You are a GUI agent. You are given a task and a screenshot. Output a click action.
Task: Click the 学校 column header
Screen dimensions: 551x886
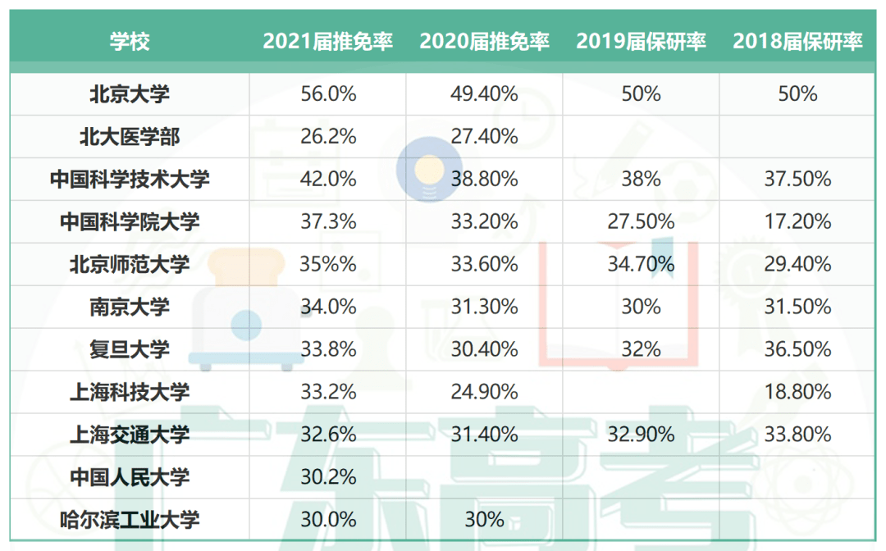(130, 42)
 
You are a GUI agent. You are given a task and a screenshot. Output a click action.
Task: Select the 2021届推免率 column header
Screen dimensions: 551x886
(328, 42)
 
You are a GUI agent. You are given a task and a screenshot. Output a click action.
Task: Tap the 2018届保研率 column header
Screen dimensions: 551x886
(798, 42)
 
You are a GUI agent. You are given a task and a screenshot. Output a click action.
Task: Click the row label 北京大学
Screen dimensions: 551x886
(130, 94)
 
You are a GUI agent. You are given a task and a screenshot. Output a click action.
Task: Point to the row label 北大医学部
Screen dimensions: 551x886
(130, 137)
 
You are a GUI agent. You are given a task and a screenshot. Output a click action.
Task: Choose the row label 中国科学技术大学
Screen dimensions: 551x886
(130, 180)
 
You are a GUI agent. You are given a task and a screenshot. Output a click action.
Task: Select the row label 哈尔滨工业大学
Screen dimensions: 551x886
(130, 520)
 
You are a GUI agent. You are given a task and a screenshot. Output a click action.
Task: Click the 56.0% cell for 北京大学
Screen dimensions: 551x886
(328, 94)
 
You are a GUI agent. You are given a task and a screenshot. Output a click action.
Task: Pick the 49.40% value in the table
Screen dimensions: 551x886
(484, 94)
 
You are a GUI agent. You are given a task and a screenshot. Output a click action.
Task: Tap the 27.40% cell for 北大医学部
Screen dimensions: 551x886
(484, 137)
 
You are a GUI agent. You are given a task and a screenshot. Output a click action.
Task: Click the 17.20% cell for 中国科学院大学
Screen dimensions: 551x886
(798, 221)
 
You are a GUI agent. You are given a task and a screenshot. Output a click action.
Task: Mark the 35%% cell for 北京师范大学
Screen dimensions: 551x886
(328, 264)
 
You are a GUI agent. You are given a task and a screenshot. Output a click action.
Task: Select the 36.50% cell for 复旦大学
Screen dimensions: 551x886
(798, 349)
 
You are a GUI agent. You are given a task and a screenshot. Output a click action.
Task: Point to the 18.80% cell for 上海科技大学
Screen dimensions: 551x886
(798, 392)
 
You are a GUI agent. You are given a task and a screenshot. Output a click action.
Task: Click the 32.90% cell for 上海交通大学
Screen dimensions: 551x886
(642, 435)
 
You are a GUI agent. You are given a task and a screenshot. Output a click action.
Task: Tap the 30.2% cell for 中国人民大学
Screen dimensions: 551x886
(328, 477)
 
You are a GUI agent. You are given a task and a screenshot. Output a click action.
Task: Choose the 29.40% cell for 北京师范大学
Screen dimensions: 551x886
(798, 264)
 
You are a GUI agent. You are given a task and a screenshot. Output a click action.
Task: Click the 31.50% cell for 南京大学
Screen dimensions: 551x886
(798, 307)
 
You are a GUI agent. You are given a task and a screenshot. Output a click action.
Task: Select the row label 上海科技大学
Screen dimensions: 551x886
(130, 392)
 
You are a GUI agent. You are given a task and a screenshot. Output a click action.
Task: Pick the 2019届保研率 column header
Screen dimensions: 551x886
(642, 42)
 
